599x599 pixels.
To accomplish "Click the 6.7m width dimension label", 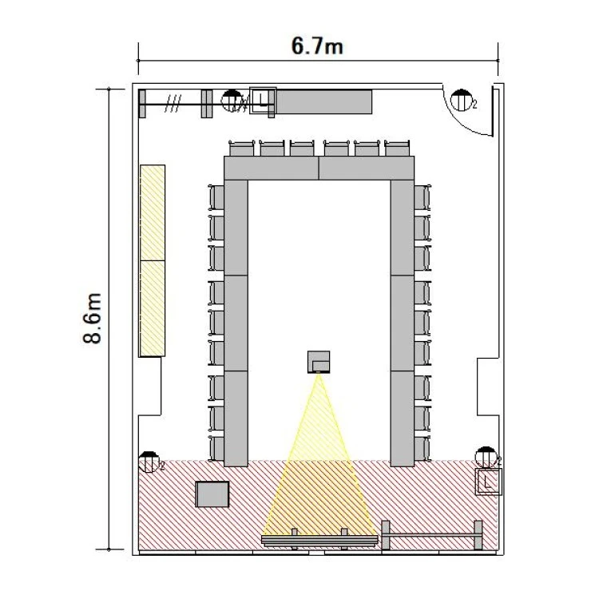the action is (317, 46).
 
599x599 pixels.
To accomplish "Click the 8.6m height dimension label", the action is (93, 319).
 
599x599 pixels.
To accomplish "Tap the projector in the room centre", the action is (319, 362).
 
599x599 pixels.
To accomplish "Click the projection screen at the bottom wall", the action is (319, 540).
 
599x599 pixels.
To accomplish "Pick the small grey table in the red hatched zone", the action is (212, 494).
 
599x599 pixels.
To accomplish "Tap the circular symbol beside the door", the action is (462, 101).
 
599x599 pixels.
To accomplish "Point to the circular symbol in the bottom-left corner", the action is (149, 462).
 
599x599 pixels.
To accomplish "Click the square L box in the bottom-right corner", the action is (488, 482).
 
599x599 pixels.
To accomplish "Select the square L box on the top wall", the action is (263, 100).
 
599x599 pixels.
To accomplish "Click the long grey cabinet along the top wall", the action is (323, 101).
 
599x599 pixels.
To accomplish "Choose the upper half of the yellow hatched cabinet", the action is (153, 212).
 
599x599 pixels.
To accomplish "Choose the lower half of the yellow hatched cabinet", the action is (153, 308).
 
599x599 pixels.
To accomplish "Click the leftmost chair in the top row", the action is (241, 149).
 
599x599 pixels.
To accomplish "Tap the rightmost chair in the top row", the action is (397, 149).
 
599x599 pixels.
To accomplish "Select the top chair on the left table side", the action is (216, 197).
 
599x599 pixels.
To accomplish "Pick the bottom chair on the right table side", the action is (422, 449).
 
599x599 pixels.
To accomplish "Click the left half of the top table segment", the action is (272, 168).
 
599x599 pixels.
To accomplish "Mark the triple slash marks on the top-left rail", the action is (173, 104).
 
